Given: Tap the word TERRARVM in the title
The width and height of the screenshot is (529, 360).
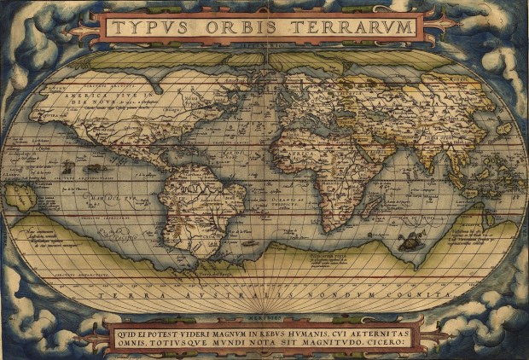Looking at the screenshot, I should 359,28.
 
